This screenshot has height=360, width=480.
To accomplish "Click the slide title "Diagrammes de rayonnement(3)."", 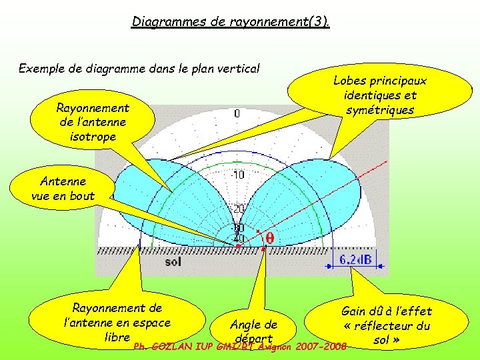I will coord(231,22).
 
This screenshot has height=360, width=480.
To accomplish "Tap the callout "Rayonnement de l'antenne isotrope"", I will coord(93,122).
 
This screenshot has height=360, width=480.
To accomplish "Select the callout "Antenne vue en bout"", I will coord(63,188).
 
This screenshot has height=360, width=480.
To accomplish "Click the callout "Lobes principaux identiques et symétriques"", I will coord(379,95).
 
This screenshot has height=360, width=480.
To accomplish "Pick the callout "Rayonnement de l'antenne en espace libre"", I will coord(117,322).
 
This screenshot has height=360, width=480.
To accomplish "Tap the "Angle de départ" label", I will coord(253,331).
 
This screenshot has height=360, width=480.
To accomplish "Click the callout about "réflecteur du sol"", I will coord(387,325).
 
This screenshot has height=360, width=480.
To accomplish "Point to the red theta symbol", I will coord(270,237).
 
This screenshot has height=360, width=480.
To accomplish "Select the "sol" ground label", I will coord(173,262).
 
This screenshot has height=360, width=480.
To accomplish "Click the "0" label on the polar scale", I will coord(237,114).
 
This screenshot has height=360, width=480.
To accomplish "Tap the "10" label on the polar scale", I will coord(238,175).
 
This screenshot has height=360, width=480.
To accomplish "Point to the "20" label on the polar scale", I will coord(238,209).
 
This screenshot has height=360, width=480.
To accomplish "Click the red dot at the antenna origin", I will coord(239,246).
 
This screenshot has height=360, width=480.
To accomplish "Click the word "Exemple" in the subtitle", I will coord(42,68).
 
